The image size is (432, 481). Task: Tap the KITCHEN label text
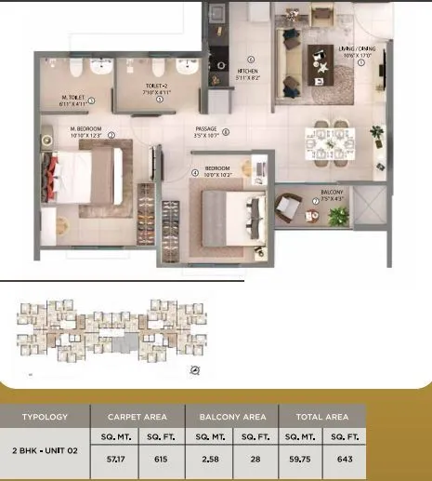click(246, 71)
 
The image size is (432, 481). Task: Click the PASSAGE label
click(205, 128)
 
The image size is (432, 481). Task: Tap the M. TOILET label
click(75, 98)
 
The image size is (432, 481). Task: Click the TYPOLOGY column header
click(46, 417)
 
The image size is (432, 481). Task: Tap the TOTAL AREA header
click(321, 417)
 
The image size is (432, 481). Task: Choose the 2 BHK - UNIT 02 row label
click(46, 449)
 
